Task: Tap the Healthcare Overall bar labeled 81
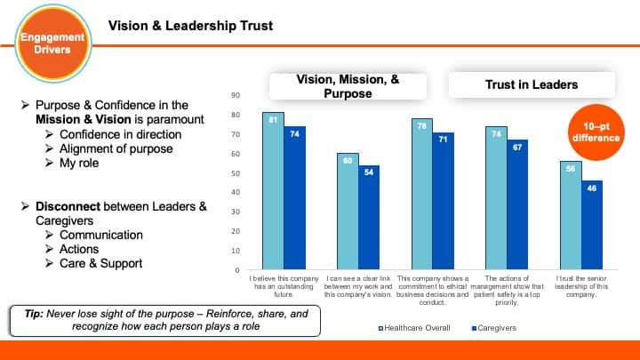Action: [273, 191]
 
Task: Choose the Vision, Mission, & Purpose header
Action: [348, 86]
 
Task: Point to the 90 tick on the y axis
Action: [235, 94]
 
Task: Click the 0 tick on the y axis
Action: [236, 269]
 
